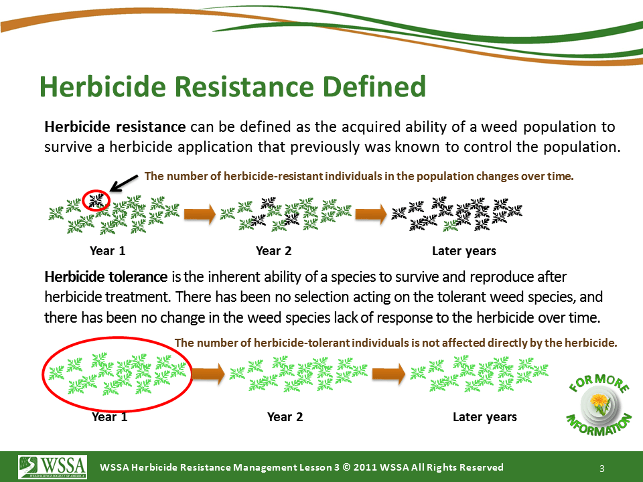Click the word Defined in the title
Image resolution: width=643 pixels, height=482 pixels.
click(374, 86)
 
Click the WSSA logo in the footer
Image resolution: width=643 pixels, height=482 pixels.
click(52, 467)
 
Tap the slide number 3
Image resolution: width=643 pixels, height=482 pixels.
click(602, 469)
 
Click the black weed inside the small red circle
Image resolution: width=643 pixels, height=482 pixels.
click(96, 200)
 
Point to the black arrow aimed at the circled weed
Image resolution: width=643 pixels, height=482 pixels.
click(124, 183)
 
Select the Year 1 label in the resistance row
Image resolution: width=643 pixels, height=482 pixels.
click(107, 251)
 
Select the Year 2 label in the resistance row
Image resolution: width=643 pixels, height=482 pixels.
click(273, 251)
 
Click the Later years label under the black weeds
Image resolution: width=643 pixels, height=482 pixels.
click(463, 251)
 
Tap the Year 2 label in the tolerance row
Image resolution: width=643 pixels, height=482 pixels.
click(285, 417)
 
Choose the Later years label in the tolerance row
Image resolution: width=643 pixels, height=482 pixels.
click(485, 417)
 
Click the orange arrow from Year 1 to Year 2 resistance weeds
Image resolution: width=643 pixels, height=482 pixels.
click(200, 214)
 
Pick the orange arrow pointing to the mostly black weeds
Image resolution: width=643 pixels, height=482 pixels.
click(371, 214)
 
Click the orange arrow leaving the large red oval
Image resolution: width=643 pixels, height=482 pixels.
click(208, 374)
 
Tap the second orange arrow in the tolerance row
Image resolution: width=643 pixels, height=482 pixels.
click(388, 374)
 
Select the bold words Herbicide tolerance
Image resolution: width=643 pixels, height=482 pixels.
click(106, 276)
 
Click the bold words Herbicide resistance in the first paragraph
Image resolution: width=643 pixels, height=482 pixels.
click(115, 127)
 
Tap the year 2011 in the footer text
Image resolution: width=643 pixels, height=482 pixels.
click(365, 467)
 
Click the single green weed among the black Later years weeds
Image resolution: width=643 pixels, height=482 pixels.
click(450, 225)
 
